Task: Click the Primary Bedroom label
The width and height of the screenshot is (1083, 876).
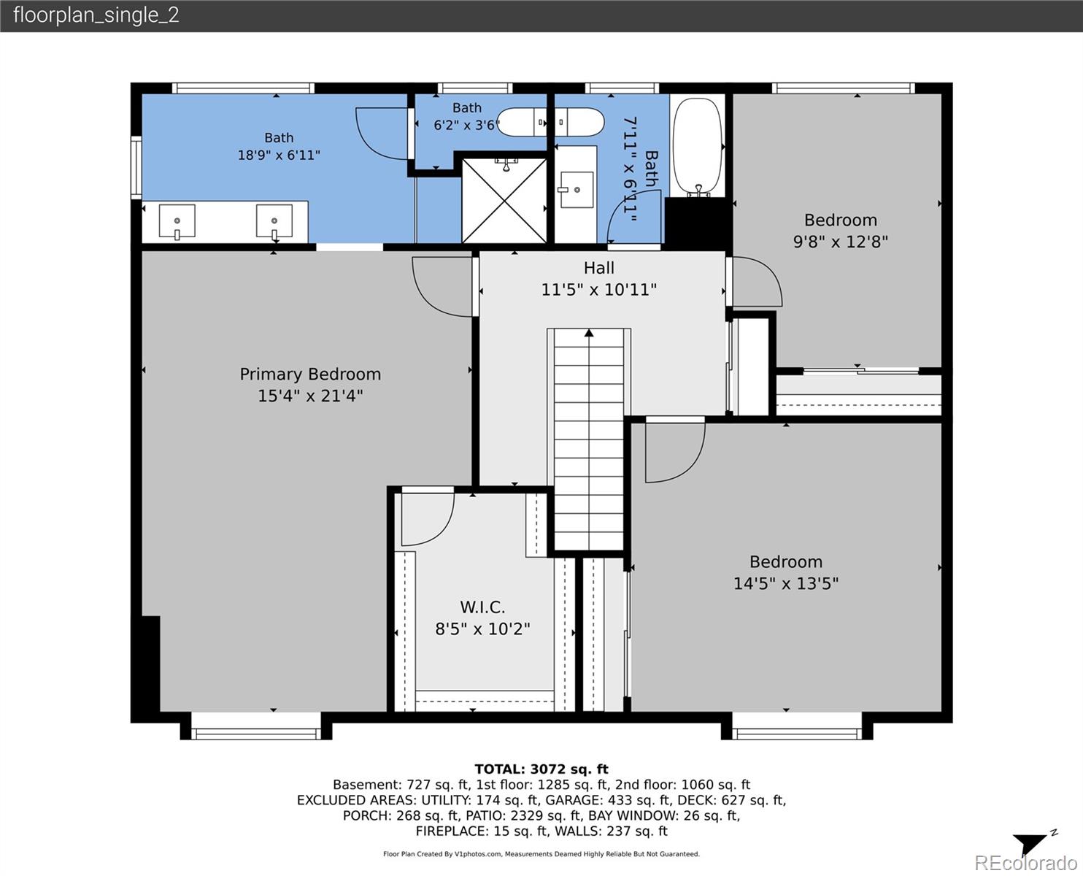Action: [x=310, y=374]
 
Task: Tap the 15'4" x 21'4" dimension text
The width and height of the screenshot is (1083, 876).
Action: [x=310, y=396]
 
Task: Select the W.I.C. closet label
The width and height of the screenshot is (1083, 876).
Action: [x=482, y=607]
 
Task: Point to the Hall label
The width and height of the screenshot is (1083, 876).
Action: [x=598, y=267]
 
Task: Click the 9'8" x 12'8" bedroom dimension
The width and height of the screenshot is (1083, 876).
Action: [x=841, y=242]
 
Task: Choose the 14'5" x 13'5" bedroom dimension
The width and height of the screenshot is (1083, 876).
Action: [x=785, y=583]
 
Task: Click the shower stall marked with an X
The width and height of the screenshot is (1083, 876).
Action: [x=504, y=200]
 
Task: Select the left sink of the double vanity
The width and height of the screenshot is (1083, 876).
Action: [x=177, y=221]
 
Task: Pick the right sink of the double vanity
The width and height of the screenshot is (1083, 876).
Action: [x=274, y=221]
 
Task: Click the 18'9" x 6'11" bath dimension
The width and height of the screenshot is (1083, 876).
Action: [x=279, y=155]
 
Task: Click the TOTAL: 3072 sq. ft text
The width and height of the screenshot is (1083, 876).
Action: [x=541, y=769]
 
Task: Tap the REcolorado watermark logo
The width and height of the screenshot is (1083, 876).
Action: [x=1025, y=863]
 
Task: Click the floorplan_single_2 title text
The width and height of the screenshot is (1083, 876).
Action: [x=96, y=15]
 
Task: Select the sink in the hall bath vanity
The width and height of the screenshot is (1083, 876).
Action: [x=576, y=190]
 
